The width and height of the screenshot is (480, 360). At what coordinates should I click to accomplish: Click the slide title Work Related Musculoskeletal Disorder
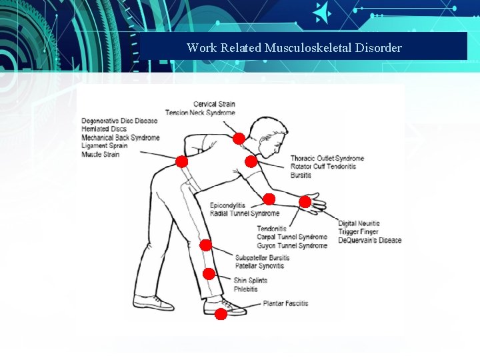click(x=294, y=48)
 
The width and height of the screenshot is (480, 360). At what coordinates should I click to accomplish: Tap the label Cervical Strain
click(x=214, y=104)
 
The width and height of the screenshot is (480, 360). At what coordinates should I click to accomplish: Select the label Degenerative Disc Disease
click(x=119, y=121)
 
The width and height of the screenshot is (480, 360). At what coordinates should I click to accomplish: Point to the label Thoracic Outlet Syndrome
click(x=327, y=158)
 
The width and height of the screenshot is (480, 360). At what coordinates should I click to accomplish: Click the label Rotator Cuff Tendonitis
click(x=323, y=167)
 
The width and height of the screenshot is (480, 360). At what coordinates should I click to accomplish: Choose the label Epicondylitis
click(x=228, y=205)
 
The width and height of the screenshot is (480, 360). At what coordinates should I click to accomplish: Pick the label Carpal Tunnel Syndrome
click(x=292, y=237)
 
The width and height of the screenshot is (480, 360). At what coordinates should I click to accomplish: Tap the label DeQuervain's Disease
click(x=369, y=240)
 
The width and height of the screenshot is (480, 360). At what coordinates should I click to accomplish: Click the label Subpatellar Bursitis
click(x=262, y=257)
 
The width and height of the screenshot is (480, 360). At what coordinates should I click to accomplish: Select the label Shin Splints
click(x=250, y=281)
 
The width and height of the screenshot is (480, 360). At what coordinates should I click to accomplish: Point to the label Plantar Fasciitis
click(x=285, y=304)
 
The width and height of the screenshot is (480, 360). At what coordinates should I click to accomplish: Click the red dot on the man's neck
click(x=238, y=139)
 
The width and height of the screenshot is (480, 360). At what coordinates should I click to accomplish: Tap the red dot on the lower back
click(x=181, y=161)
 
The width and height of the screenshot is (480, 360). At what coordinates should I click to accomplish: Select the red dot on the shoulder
click(x=251, y=161)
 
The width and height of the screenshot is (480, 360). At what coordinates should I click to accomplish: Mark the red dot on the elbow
click(x=269, y=199)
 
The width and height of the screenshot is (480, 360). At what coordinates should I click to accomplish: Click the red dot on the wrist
click(x=305, y=201)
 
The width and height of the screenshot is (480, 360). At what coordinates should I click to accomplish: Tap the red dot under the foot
click(x=221, y=311)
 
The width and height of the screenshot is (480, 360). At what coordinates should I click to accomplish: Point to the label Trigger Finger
click(x=359, y=232)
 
